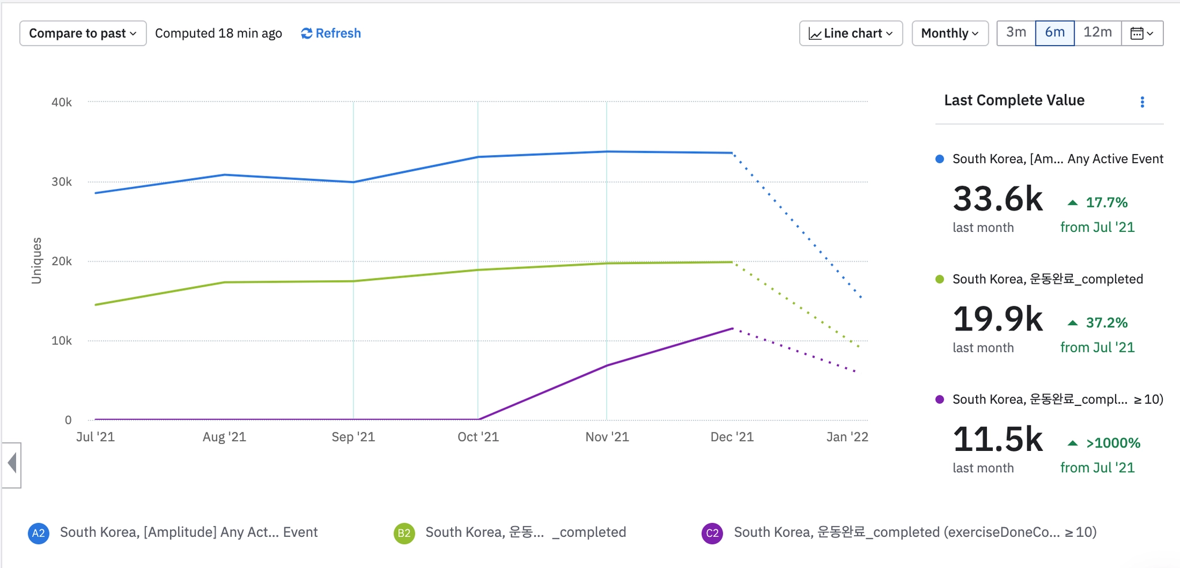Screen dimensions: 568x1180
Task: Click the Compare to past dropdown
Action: [82, 33]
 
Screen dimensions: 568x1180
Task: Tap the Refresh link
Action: [331, 33]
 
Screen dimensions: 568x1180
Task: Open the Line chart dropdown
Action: [850, 33]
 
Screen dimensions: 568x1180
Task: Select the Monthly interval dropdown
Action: [950, 33]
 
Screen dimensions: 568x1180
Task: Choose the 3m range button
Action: [1016, 32]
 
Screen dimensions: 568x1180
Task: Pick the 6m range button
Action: [1054, 32]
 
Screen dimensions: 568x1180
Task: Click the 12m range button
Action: [1097, 32]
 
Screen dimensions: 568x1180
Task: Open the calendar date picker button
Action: [1141, 33]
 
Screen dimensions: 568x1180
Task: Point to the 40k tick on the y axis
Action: [62, 102]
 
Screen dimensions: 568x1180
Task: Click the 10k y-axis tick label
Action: [62, 341]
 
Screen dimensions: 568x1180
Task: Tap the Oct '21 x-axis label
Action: [478, 437]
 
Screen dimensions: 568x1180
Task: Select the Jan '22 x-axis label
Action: [846, 437]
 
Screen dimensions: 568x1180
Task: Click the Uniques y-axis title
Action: [36, 261]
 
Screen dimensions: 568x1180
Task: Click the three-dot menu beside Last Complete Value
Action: [1142, 102]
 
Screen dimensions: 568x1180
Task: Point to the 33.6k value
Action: [997, 200]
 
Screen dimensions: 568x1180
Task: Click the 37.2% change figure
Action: [1106, 323]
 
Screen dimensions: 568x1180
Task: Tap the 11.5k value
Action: [997, 440]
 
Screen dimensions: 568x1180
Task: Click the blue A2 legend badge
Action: [38, 533]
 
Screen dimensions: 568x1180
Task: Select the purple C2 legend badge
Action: [712, 533]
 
